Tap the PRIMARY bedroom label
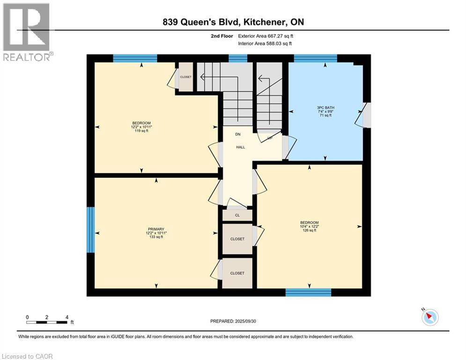156,228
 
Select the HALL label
240,147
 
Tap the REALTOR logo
27,32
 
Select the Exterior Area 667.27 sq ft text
266,36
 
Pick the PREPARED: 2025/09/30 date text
233,321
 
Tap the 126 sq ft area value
309,230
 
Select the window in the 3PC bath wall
315,58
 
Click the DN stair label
238,135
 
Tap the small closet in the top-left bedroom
186,77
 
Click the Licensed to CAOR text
27,356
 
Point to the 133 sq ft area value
156,237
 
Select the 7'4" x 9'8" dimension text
325,112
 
